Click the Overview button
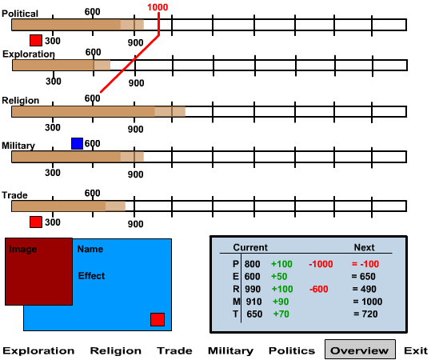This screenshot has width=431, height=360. point(360,350)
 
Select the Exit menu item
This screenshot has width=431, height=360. point(416,350)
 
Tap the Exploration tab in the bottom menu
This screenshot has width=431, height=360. point(38,351)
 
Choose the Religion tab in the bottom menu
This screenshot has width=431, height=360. point(116,351)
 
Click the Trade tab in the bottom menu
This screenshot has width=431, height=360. point(174,350)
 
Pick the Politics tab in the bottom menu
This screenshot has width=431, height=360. point(292,350)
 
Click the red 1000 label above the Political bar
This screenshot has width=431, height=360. point(158,7)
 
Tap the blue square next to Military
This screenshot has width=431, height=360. point(77,143)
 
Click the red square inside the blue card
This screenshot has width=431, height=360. point(158,319)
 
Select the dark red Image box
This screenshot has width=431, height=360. point(38,271)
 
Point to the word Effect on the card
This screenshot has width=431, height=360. point(91,275)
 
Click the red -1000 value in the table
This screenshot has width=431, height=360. point(321,264)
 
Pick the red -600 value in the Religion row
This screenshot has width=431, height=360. point(318,289)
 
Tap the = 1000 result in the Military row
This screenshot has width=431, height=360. point(368,302)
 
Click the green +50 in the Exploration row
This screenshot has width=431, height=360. point(279,276)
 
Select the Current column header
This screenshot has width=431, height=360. point(250,247)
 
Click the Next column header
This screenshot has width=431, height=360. point(364,247)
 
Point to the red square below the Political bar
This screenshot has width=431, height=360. point(36,40)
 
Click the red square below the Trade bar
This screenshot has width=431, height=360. point(36,222)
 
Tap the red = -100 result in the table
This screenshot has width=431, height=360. point(365,264)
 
